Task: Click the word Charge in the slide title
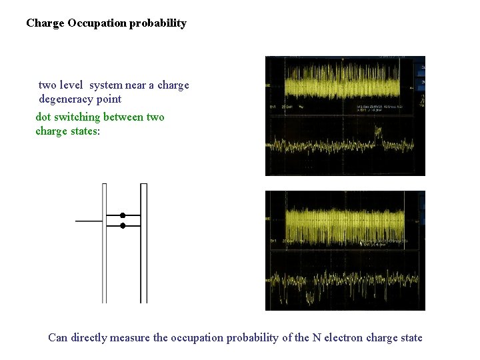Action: click(45, 23)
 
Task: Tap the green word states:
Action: click(82, 131)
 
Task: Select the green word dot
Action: click(43, 117)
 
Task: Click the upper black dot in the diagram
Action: click(123, 215)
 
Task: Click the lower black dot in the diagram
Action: click(123, 226)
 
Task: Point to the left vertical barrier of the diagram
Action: click(104, 243)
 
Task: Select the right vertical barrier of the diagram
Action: click(143, 243)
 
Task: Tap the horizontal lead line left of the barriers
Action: click(89, 221)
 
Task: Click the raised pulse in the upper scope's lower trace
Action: click(379, 138)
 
